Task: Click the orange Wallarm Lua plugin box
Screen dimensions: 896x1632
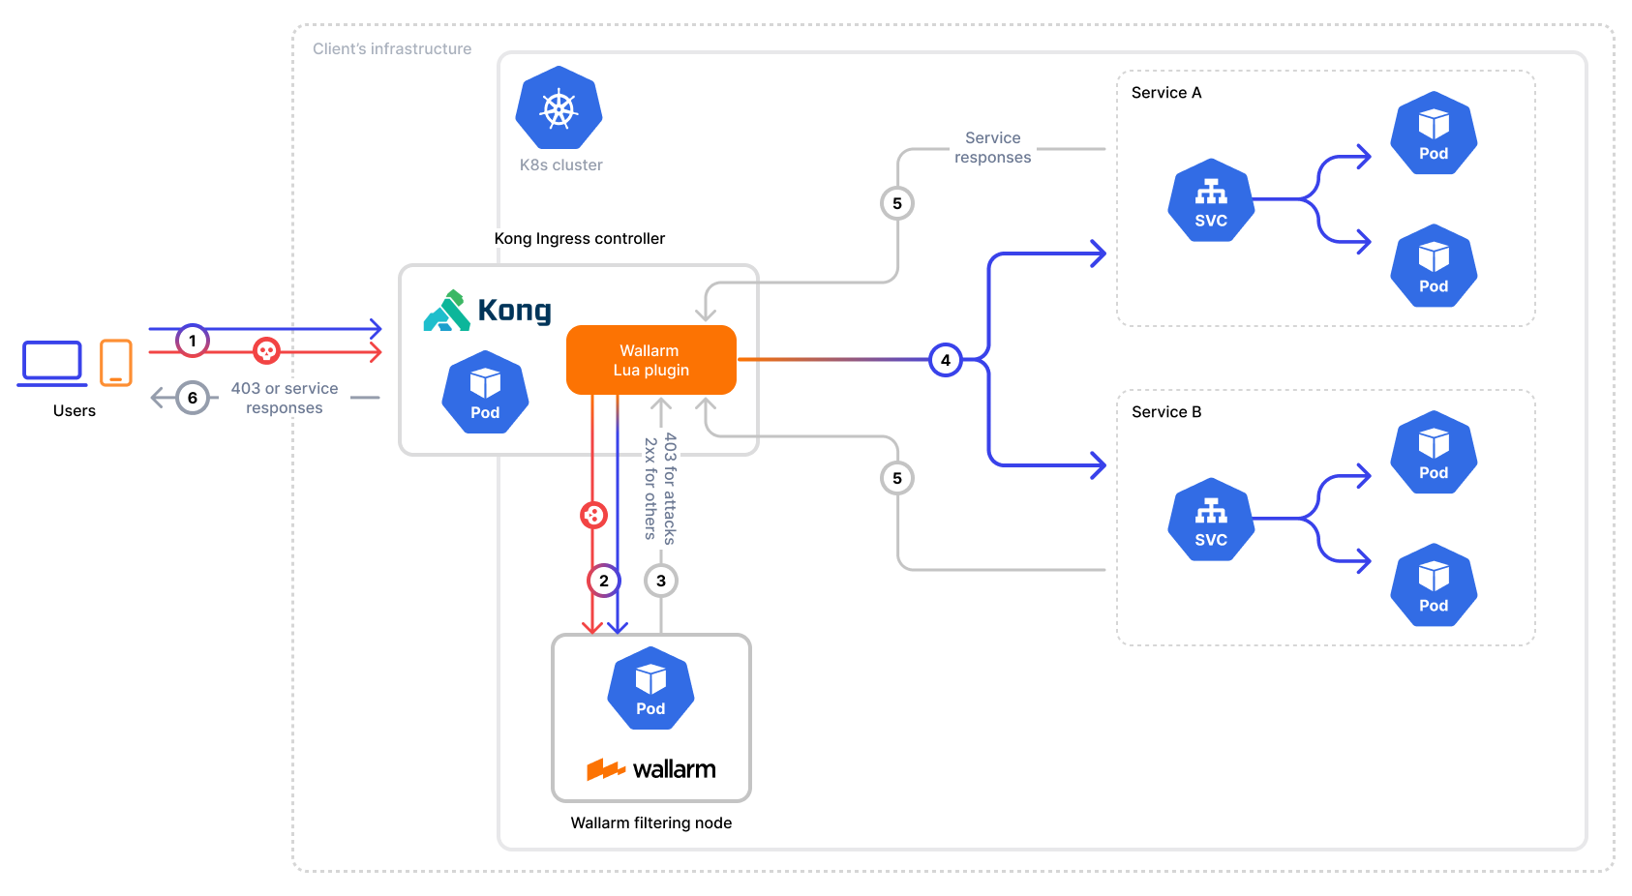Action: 650,360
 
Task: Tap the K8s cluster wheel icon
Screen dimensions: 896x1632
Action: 559,108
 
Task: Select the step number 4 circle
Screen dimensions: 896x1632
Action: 945,360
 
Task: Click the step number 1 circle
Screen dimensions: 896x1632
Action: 193,341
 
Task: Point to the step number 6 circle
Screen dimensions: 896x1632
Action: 193,398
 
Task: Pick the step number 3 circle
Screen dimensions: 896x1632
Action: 661,581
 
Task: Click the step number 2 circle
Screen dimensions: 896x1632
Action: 604,581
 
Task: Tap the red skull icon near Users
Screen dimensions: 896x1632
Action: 266,350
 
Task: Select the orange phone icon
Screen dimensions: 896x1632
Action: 116,363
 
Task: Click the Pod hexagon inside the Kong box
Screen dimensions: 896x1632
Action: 485,393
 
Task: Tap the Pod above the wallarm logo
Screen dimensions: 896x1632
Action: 650,689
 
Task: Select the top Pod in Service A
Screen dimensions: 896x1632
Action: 1434,134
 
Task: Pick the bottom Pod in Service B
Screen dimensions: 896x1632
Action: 1434,585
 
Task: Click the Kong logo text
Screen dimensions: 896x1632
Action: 514,311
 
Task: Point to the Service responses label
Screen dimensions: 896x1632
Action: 992,148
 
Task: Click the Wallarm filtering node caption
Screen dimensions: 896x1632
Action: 650,822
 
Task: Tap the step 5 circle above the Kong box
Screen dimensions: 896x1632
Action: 897,203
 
